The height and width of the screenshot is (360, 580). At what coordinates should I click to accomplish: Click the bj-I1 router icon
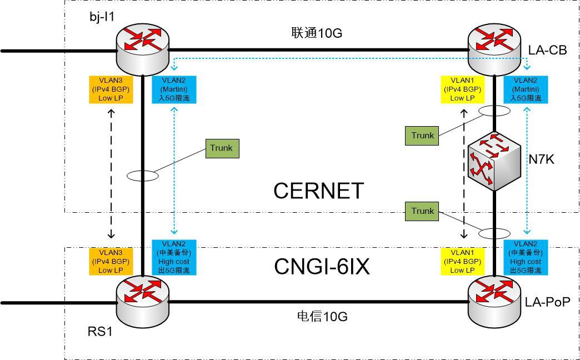point(143,47)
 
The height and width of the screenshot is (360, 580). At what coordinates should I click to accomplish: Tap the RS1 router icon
point(143,298)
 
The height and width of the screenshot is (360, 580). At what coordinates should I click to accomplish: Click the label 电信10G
point(323,317)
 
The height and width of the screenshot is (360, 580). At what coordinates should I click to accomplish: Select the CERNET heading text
point(318,191)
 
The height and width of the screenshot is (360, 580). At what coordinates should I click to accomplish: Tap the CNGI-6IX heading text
point(322,267)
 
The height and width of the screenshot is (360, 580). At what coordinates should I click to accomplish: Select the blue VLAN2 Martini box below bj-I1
point(174,89)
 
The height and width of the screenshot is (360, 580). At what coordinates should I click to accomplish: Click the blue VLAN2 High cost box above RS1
point(174,257)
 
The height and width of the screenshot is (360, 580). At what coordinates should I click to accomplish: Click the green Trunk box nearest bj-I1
point(221,148)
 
